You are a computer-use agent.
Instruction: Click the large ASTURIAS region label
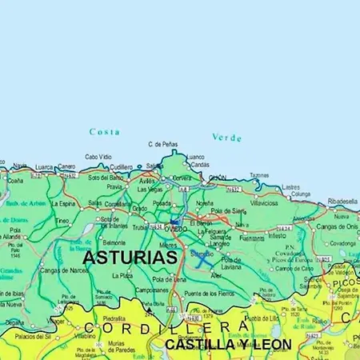pos(130,258)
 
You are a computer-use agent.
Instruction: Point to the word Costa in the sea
pos(105,132)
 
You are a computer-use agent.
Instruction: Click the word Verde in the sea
pos(226,138)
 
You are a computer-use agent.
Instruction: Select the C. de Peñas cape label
pos(162,145)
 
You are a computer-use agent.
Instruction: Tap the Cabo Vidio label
pos(98,157)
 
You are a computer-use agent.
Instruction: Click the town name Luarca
pos(43,167)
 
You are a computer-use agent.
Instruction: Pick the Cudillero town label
pos(121,167)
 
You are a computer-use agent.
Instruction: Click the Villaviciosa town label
pos(264,203)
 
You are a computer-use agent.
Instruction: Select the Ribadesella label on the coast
pos(342,202)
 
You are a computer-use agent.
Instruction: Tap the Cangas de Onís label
pos(336,226)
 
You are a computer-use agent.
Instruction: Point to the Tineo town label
pos(62,221)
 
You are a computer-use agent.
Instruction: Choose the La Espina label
pos(64,203)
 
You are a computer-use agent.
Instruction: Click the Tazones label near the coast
pos(258,175)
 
